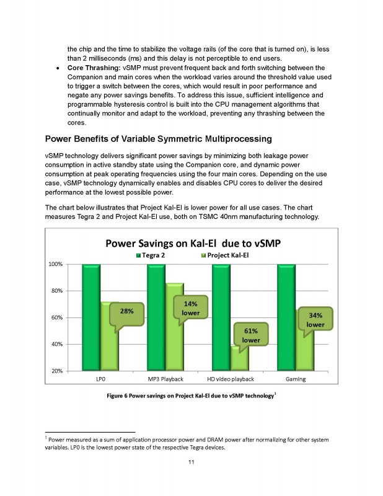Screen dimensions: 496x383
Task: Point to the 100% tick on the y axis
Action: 55,264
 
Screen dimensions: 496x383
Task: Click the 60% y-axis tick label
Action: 56,317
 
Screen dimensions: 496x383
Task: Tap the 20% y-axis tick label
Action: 56,371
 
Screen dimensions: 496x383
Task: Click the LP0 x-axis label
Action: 100,378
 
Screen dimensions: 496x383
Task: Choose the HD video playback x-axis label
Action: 230,378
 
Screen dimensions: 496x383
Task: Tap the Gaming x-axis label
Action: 295,378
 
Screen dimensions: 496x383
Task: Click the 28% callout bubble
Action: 126,312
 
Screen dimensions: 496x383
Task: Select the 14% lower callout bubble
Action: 190,308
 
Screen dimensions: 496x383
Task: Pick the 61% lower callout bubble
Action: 250,335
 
